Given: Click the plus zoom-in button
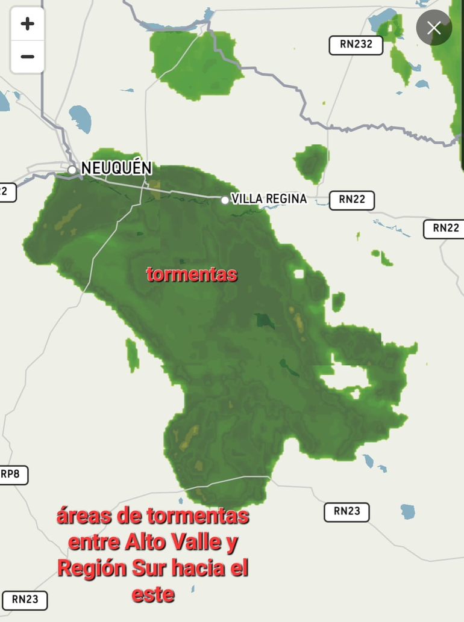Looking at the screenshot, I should (27, 24).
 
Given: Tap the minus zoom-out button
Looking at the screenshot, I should (27, 57).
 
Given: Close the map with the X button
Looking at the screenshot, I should (434, 27).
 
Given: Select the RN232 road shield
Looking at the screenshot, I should (356, 45).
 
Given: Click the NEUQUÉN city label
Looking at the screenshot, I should (116, 168).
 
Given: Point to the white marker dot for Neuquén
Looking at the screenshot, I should (72, 170).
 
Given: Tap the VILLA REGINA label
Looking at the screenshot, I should (269, 199).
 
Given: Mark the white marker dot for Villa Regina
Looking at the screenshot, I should (225, 200).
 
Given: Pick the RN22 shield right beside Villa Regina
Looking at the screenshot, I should (353, 200).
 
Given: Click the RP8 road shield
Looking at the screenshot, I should (11, 474).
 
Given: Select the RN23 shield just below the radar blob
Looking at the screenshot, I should (346, 511).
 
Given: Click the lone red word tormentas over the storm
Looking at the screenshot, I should (192, 275).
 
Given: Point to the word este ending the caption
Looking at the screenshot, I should (153, 594).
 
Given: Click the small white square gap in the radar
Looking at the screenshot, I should (299, 274).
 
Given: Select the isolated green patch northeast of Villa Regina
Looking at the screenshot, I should (312, 163).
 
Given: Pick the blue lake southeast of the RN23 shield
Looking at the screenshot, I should (408, 511).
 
